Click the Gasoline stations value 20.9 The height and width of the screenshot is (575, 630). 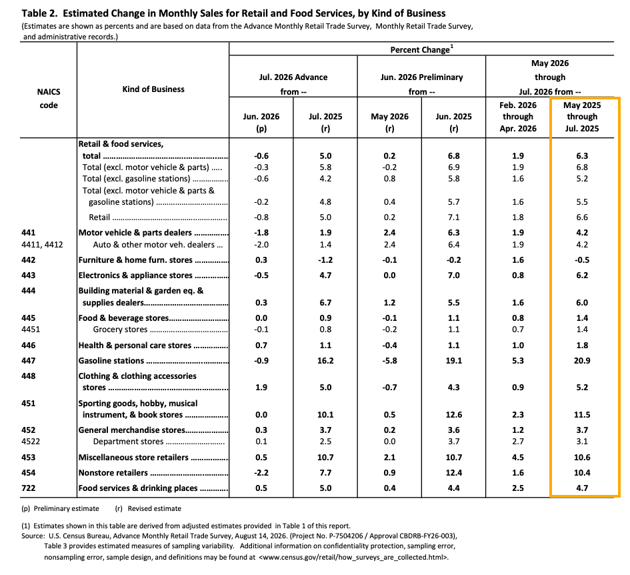[x=582, y=361]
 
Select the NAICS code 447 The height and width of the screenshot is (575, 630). [x=29, y=361]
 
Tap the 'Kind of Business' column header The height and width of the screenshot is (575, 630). [x=153, y=89]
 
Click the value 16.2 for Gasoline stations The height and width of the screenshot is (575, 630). [x=325, y=361]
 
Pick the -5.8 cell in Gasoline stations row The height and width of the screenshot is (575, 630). [x=389, y=361]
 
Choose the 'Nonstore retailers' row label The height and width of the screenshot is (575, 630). [x=113, y=473]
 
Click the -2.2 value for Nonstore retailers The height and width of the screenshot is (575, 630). [x=261, y=473]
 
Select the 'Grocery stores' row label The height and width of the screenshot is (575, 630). [x=120, y=330]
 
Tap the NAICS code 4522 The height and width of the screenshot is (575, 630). [x=31, y=442]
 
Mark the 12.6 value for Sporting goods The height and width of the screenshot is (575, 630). [x=453, y=415]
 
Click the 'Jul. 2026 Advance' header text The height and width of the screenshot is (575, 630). [x=293, y=77]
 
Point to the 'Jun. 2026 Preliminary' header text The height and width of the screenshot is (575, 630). [x=421, y=77]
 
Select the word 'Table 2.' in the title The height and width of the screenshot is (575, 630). [x=39, y=13]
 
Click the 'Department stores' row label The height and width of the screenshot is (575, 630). [x=128, y=442]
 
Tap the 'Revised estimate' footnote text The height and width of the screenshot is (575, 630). [x=154, y=509]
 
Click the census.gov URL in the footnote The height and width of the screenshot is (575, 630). [x=353, y=557]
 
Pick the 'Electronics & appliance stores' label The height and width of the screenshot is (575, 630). [x=135, y=275]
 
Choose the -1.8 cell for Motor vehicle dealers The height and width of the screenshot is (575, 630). [x=261, y=233]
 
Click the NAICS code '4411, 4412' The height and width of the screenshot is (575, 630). [x=42, y=245]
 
